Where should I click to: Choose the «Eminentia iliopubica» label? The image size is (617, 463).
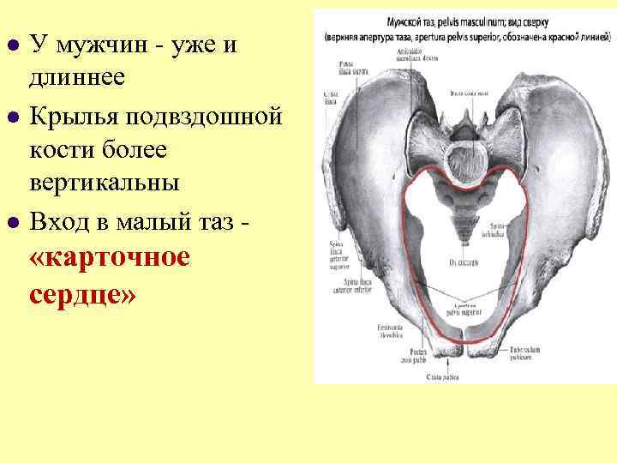[390, 334]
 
